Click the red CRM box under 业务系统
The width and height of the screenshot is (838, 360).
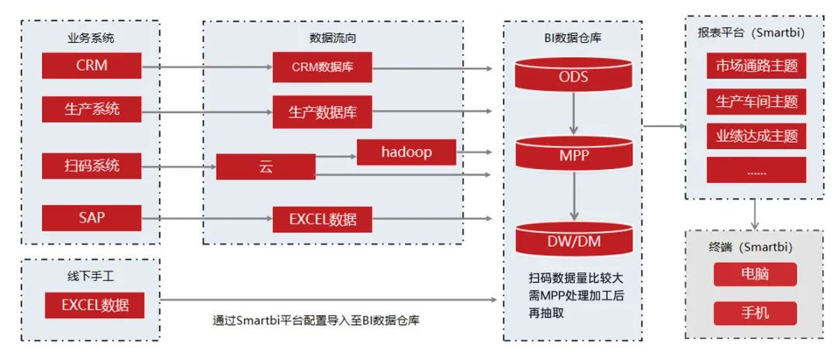point(92,65)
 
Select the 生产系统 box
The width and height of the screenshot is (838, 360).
point(92,109)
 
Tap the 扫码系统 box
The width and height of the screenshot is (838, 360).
point(92,165)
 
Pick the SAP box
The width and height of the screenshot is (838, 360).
point(92,217)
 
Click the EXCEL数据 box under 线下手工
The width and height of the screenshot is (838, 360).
point(95,305)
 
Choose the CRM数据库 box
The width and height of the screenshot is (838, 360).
point(322,67)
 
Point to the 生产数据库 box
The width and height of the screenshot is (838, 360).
point(322,112)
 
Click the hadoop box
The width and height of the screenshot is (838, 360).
point(406,152)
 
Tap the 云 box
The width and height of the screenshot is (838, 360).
point(265,168)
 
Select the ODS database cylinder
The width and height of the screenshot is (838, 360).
point(573,76)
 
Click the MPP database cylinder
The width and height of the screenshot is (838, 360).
point(573,155)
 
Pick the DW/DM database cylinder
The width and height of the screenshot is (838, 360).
point(573,241)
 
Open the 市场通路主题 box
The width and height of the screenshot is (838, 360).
point(757,66)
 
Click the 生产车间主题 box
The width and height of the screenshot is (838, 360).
point(757,102)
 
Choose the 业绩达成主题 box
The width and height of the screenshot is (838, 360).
point(757,137)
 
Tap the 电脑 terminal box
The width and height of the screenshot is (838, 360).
point(755,274)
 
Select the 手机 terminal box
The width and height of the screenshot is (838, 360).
point(755,313)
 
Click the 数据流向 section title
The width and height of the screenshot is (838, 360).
point(333,36)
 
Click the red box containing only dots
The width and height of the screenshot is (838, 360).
point(757,171)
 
